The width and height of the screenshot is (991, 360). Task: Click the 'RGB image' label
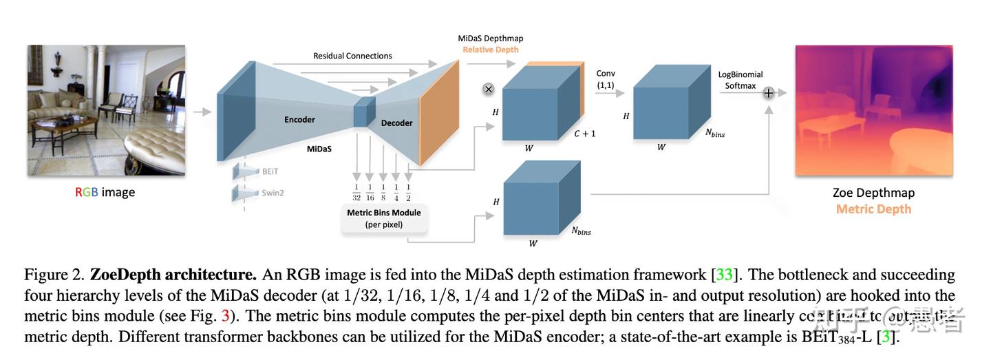(105, 192)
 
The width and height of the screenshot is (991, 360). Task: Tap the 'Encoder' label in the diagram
(299, 120)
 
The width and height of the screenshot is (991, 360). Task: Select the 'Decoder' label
(396, 123)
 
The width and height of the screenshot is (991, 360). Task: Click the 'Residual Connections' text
(352, 56)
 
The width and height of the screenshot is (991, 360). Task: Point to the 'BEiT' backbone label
(270, 171)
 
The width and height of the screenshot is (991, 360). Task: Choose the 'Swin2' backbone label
(273, 193)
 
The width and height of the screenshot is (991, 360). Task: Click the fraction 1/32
(356, 192)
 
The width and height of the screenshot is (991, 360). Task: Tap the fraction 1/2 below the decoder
(409, 192)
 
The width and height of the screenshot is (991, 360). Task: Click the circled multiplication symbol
(489, 89)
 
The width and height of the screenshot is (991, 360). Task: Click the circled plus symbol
(769, 93)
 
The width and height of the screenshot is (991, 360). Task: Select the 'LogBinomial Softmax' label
(740, 80)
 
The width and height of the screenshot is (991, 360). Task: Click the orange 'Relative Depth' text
(490, 50)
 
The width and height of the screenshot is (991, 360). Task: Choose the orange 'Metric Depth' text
(873, 209)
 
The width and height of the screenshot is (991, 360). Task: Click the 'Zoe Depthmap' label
(873, 193)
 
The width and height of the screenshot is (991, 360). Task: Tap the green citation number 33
(724, 275)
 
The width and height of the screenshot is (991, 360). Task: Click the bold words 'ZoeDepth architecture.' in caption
(173, 275)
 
